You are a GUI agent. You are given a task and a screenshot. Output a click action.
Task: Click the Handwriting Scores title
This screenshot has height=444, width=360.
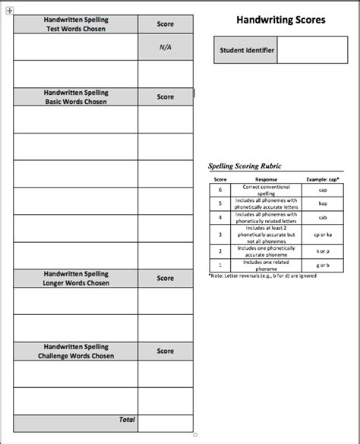pos(281,19)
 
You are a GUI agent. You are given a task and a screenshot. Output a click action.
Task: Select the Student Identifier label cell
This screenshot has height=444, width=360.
pos(245,52)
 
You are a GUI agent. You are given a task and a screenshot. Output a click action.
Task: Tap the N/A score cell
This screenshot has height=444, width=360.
pos(165,46)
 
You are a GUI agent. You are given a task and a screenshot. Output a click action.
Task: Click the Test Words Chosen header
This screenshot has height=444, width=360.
pos(75,24)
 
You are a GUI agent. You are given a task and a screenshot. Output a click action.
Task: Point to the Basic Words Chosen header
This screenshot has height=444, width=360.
pos(75,97)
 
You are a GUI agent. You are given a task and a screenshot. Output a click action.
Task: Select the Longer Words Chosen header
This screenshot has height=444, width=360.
pos(75,279)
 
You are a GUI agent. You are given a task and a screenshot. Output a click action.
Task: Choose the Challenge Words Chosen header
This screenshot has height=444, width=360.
pos(75,351)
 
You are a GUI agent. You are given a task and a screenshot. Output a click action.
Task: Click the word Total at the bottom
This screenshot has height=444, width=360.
pos(127,420)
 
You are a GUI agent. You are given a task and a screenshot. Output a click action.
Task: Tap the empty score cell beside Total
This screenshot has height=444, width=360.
pos(165,421)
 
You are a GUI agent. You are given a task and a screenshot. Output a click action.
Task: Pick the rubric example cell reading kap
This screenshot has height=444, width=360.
pos(323,203)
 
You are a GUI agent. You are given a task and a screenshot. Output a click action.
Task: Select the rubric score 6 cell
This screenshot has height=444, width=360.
pos(220,190)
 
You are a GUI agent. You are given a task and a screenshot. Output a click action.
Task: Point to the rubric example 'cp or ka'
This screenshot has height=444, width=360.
pos(323,235)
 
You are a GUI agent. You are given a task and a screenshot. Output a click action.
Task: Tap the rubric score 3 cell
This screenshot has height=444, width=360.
pos(220,235)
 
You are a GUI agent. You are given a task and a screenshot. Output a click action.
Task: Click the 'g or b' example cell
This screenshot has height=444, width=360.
pos(323,265)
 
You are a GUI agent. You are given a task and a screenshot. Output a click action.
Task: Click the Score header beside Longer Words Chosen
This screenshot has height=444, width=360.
pos(165,279)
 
